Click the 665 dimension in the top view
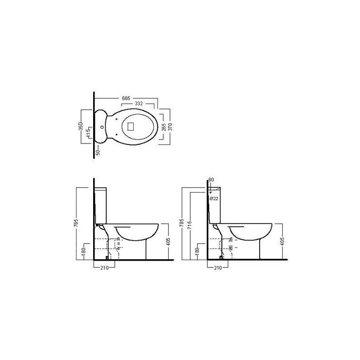[x=126, y=98]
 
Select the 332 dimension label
[x=139, y=103]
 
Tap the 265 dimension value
[x=163, y=127]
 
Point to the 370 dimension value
[x=170, y=127]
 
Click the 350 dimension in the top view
[x=81, y=126]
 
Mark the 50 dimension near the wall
[x=98, y=153]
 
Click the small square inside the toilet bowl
[x=130, y=126]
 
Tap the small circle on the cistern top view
[x=102, y=127]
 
